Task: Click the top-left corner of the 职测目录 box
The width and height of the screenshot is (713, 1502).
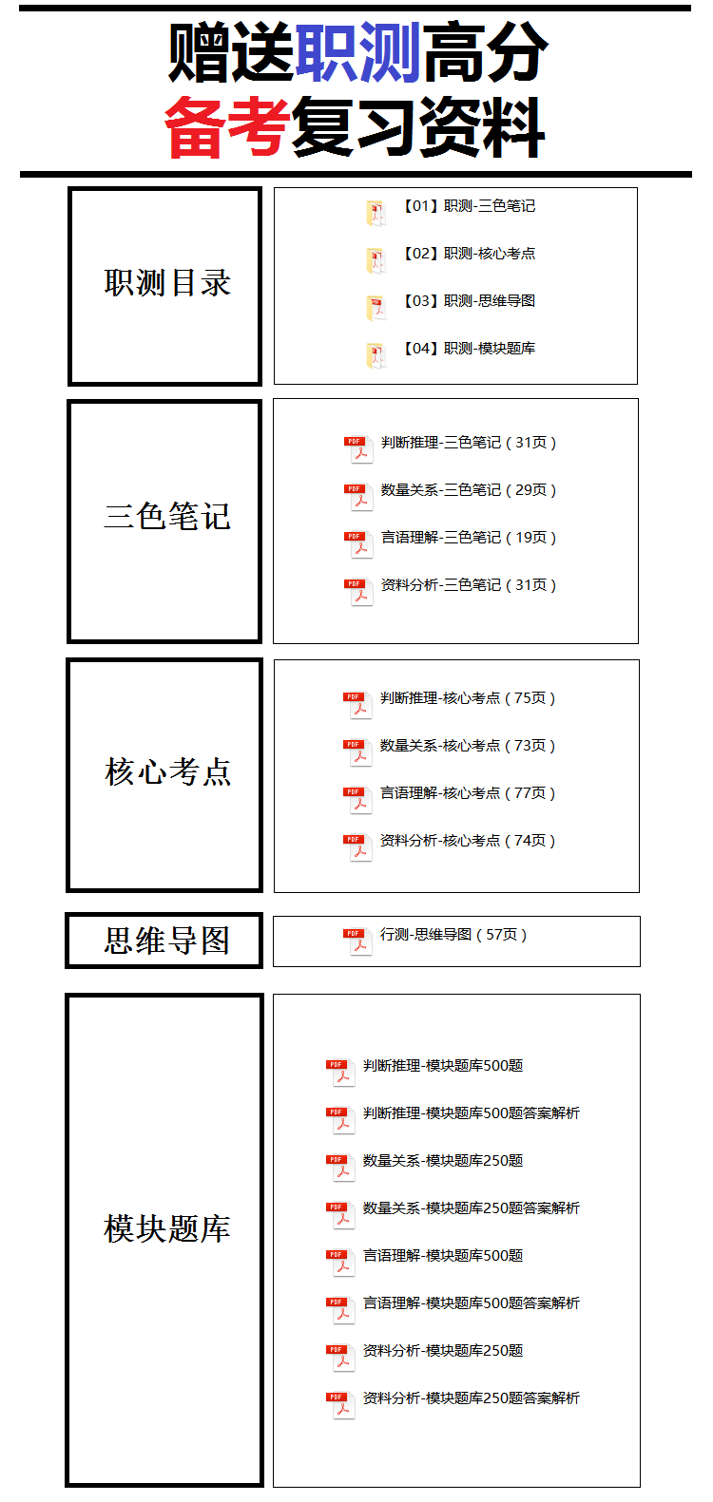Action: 68,188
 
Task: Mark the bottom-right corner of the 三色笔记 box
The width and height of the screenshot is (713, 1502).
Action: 261,642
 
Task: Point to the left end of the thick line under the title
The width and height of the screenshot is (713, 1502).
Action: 20,175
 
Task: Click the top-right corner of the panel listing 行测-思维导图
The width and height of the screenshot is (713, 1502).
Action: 641,917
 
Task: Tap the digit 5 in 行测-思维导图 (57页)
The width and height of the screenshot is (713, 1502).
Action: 491,935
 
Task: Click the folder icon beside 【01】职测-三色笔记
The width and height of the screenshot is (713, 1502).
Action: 376,213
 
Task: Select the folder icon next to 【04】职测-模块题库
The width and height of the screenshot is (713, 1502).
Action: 376,355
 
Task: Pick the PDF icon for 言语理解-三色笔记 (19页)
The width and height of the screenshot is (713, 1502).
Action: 358,543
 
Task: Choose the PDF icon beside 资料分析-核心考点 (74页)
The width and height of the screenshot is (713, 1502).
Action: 357,846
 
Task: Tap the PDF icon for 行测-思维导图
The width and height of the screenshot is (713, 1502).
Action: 357,941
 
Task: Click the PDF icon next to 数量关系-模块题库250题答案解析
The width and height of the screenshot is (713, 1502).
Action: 340,1215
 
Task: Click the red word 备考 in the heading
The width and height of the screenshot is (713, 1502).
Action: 226,126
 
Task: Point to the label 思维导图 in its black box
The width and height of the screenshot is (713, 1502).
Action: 167,941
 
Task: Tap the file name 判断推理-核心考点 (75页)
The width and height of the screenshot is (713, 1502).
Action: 468,698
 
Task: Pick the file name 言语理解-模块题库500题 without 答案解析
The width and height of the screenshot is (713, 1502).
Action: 443,1255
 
